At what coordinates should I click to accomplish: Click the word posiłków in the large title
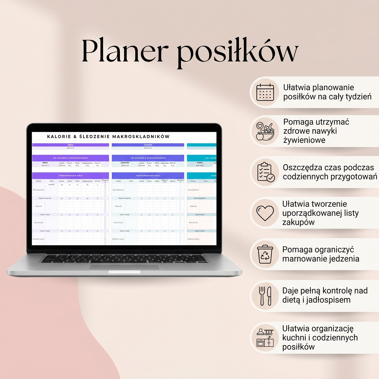coord(237,52)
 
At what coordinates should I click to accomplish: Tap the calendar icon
coord(265,92)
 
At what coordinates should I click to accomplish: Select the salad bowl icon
coord(265,131)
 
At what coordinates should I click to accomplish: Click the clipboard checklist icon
coord(265,172)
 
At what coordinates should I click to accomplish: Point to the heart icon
coord(265,213)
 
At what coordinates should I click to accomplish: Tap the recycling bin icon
coord(265,254)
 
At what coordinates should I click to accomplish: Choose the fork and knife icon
coord(265,296)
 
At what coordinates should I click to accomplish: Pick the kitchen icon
coord(265,338)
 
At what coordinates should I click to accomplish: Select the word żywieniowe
coord(304,140)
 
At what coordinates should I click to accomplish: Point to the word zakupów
coord(298,222)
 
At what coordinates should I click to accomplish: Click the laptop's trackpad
coord(124,267)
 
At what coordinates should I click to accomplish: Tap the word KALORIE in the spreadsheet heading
coord(59,137)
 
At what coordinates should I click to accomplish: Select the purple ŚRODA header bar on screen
coord(71,145)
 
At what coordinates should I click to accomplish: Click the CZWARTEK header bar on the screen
coord(148,145)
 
